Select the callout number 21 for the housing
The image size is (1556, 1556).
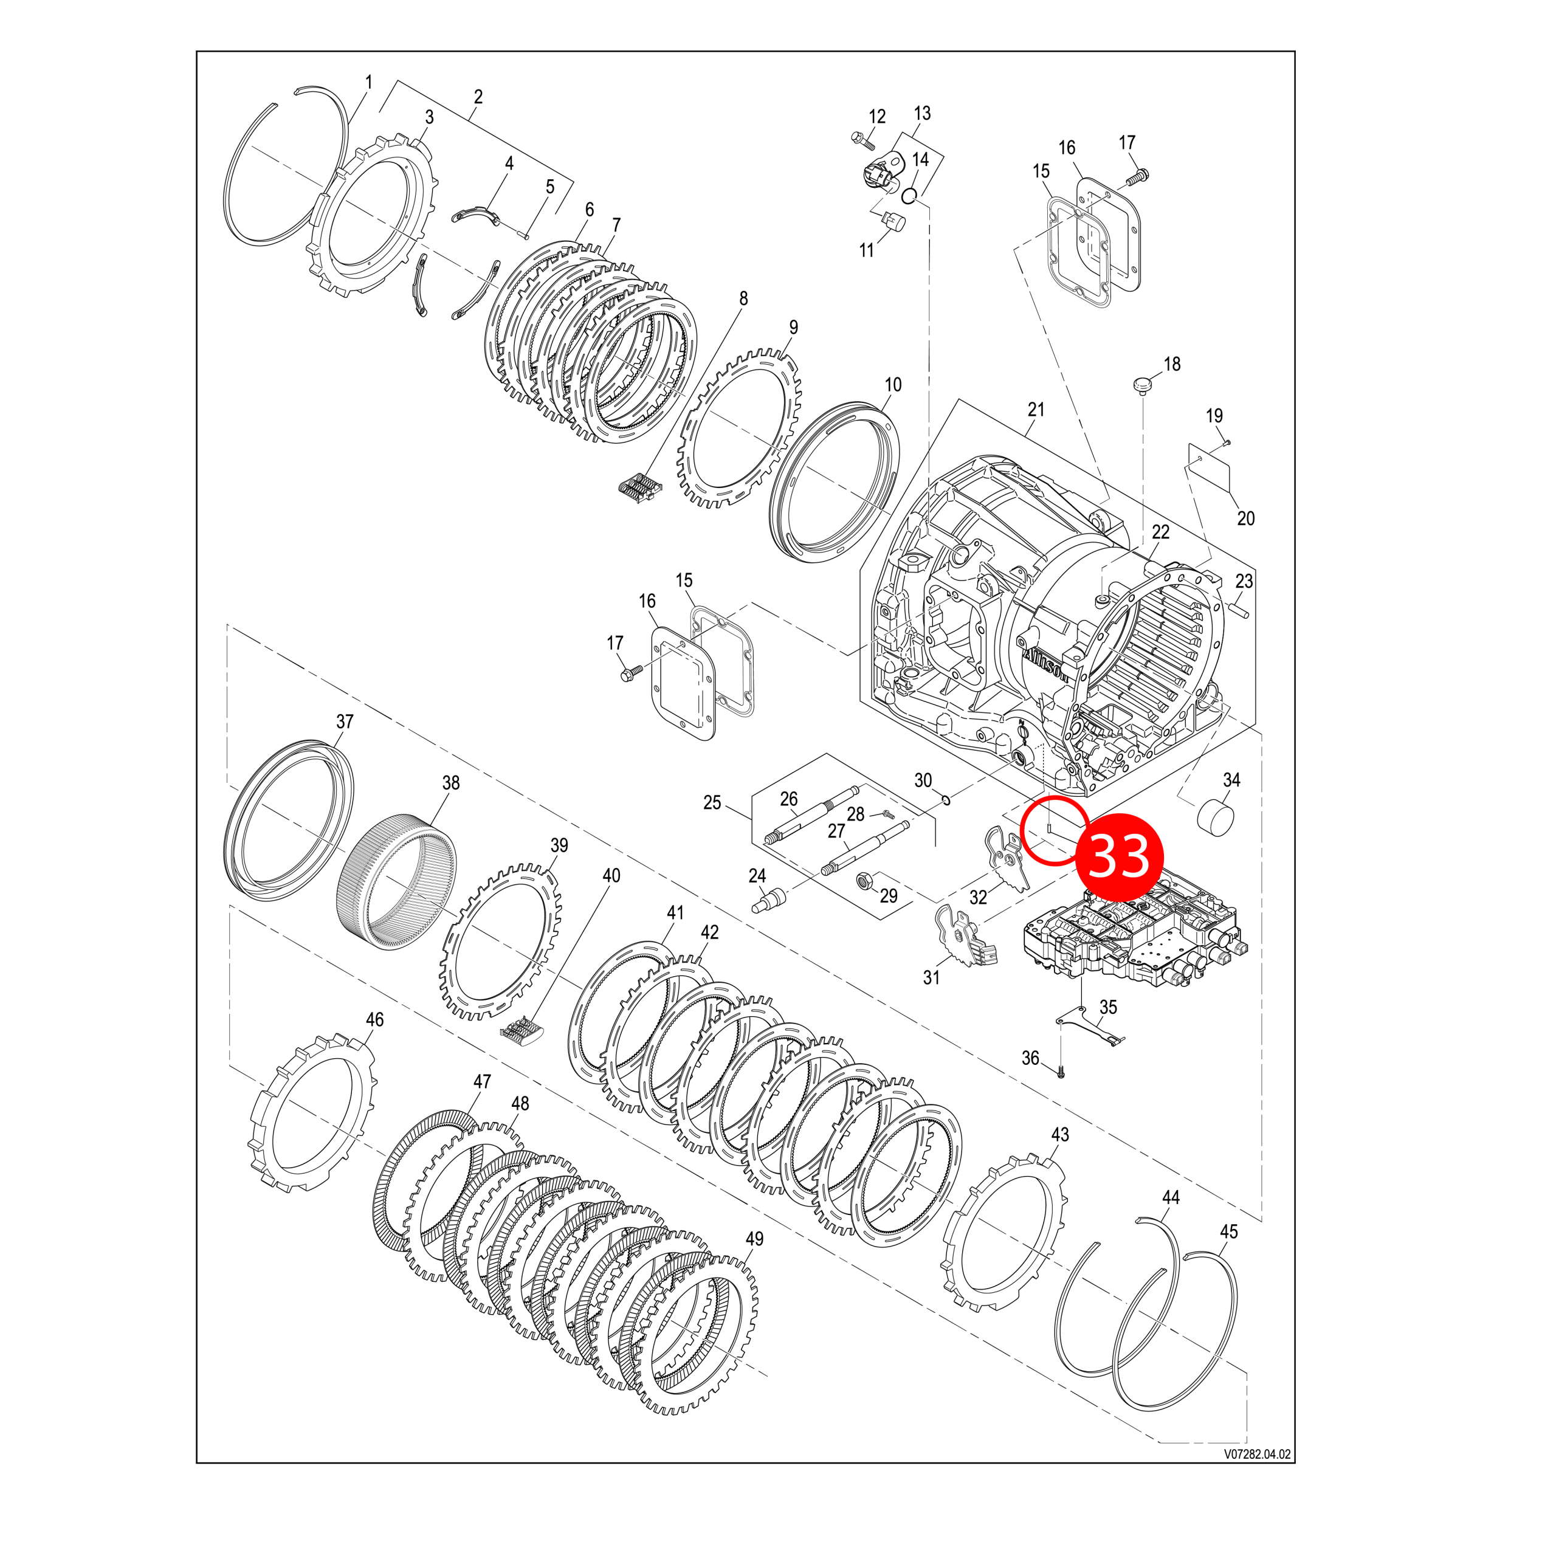click(1036, 409)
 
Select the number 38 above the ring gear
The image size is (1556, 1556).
click(450, 782)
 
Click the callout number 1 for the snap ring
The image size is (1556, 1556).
click(369, 82)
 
